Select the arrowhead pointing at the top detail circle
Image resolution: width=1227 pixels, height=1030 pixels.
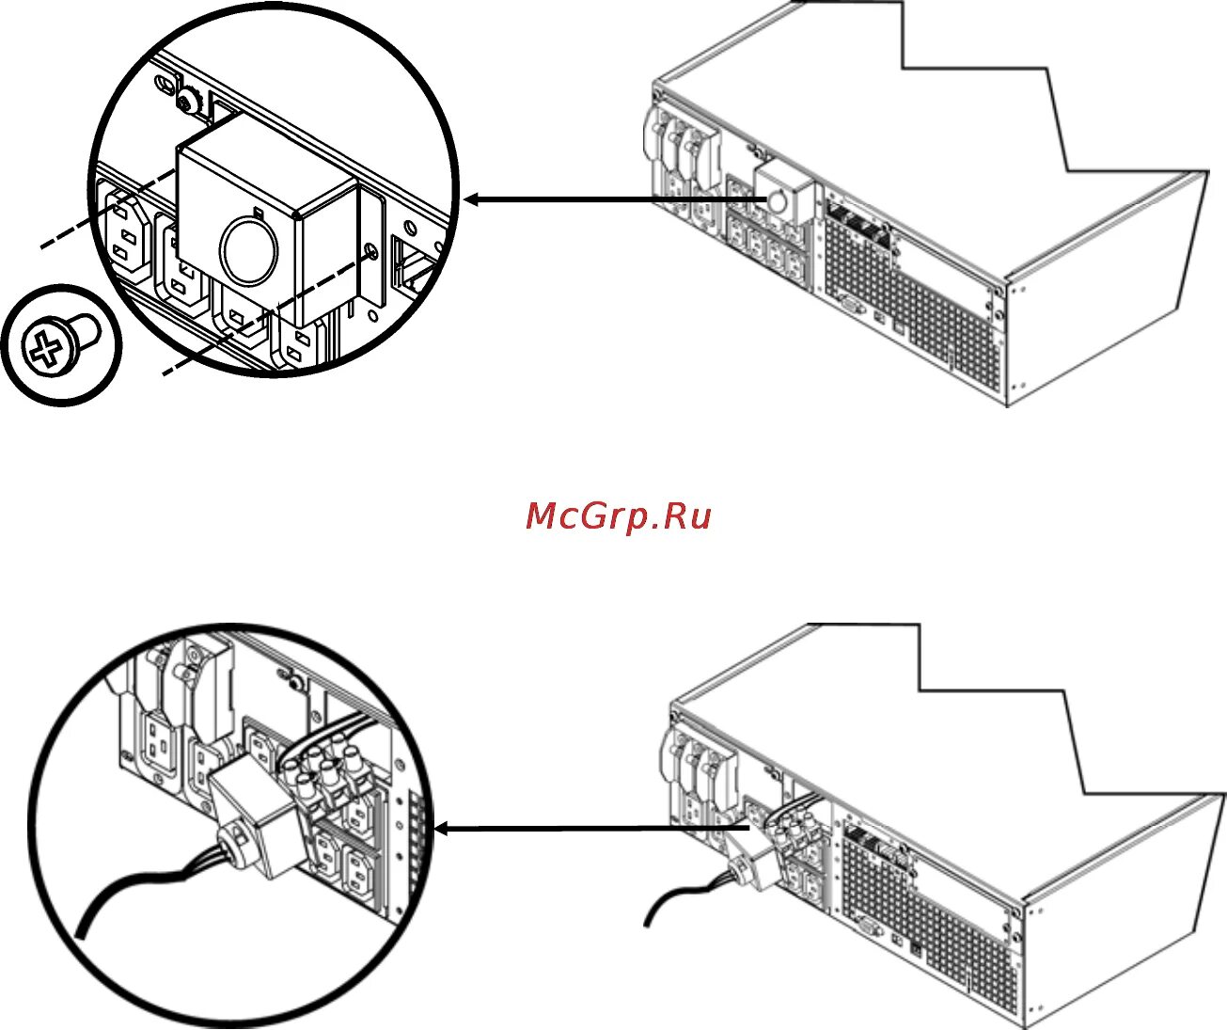(x=473, y=199)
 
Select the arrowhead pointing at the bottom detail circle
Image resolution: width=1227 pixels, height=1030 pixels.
(x=445, y=829)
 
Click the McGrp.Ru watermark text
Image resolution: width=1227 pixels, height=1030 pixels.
(x=618, y=515)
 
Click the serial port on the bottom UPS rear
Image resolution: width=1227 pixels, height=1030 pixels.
(x=867, y=926)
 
